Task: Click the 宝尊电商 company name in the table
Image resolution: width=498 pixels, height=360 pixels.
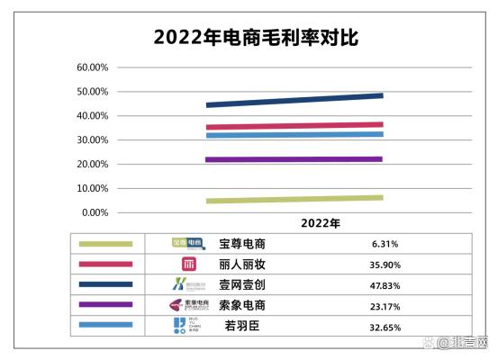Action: (242, 244)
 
